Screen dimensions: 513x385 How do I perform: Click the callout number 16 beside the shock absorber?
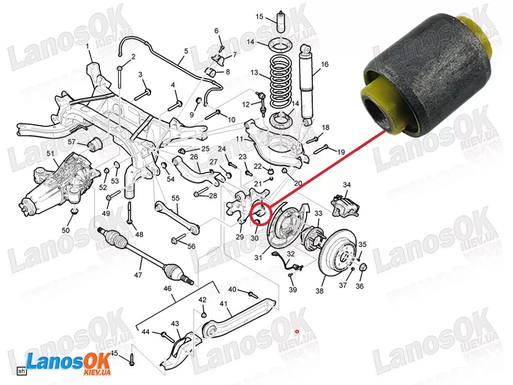tap(324, 65)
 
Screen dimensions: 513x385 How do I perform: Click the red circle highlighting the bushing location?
tap(261, 214)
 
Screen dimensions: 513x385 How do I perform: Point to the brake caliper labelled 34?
tap(346, 205)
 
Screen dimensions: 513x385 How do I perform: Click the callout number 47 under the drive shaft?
tap(138, 275)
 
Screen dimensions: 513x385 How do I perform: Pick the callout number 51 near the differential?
tap(50, 153)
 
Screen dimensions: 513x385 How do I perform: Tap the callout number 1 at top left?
tap(87, 47)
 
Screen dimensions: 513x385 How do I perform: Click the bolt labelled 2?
tap(120, 77)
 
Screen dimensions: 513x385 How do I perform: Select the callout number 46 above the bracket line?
tap(167, 289)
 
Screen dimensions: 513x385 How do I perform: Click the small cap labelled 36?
tap(363, 268)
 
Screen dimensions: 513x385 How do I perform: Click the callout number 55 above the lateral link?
tap(175, 198)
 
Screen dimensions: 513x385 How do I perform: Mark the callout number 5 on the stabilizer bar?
tap(186, 51)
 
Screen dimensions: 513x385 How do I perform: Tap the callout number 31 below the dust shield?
tap(259, 258)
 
